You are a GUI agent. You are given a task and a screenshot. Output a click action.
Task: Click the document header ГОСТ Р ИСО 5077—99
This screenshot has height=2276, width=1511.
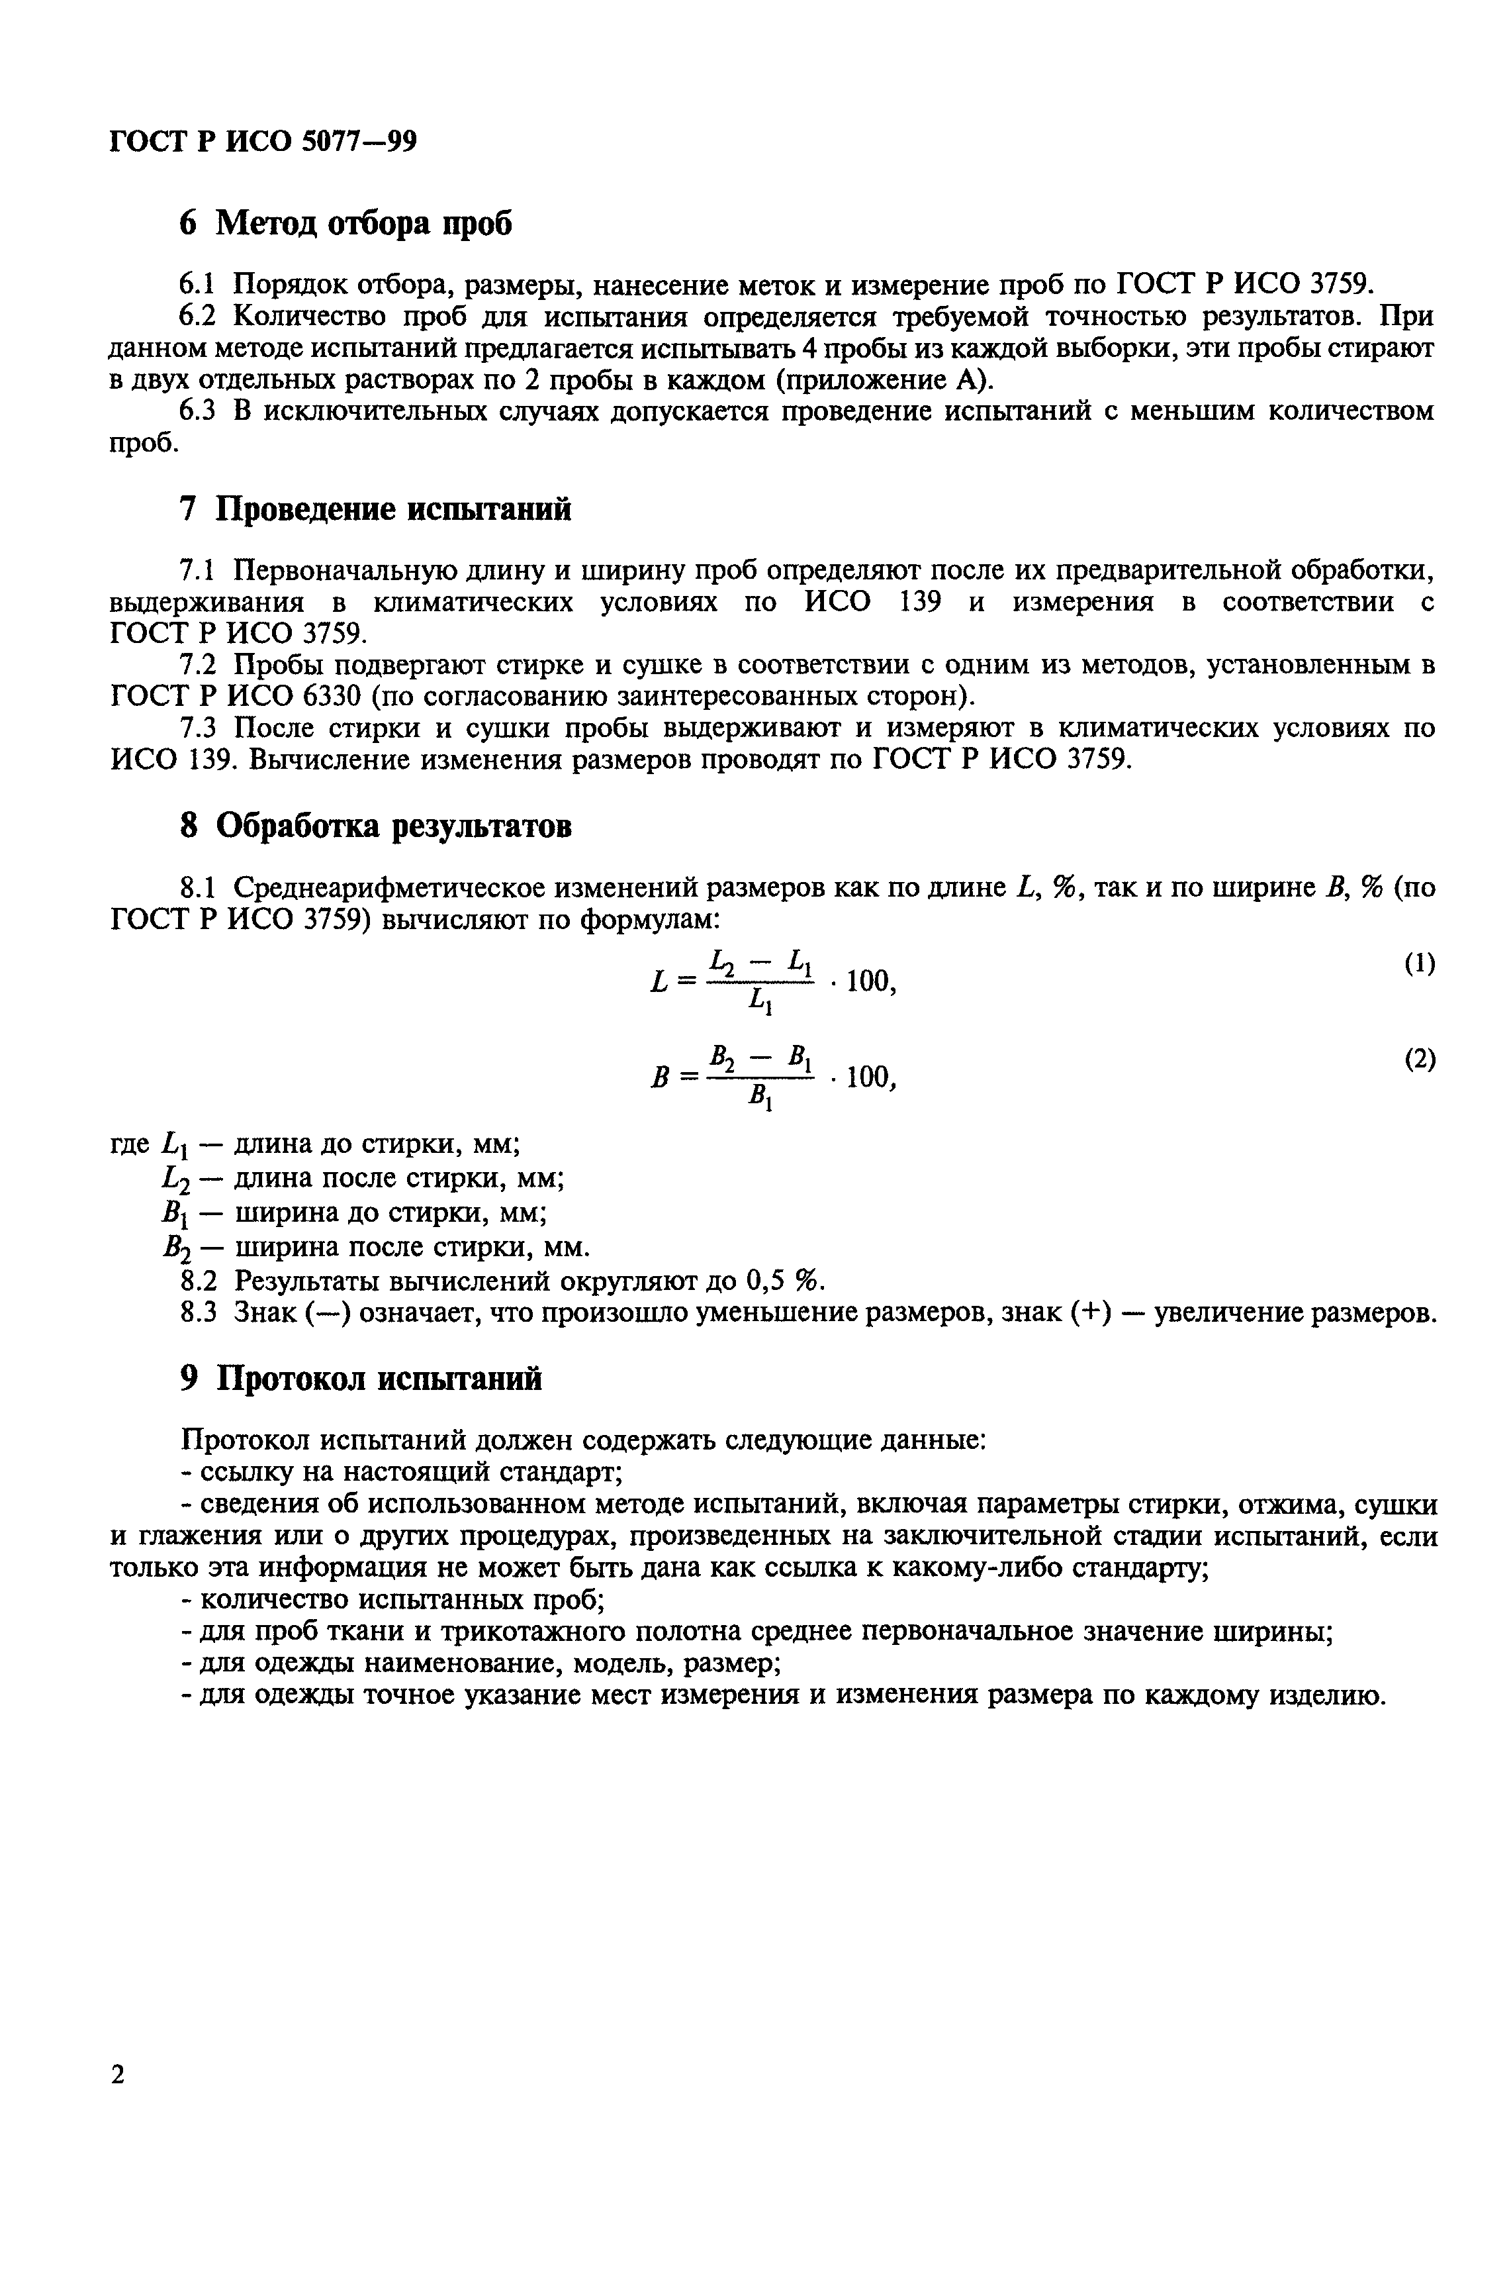coord(263,142)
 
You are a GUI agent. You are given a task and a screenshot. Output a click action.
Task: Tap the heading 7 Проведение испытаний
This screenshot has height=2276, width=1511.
coord(376,508)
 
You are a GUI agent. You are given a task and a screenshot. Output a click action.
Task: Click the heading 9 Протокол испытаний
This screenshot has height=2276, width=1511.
coord(361,1379)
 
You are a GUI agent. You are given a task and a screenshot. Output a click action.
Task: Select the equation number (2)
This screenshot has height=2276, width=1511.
coord(1418,1060)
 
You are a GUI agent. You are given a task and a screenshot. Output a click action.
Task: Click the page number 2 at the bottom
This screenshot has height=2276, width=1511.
coord(118,2073)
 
